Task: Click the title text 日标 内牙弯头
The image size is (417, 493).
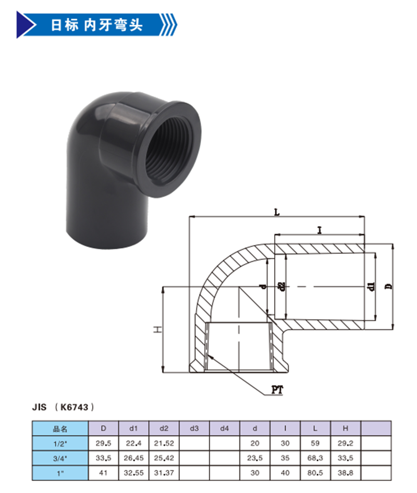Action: (96, 25)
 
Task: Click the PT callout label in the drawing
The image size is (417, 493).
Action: (277, 390)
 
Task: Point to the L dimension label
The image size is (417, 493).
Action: (277, 212)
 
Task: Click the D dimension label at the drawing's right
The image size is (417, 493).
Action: (389, 286)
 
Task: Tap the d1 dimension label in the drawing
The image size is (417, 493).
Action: (372, 286)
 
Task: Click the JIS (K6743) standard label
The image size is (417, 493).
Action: (63, 407)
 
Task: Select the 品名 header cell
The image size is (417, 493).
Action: (60, 429)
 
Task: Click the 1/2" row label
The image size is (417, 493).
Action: (60, 443)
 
